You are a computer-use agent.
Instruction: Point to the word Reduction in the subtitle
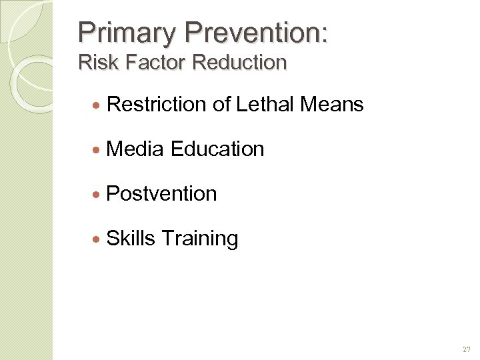coord(239,63)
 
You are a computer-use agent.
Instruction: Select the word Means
coord(332,104)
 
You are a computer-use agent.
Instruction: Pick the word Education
coord(217,149)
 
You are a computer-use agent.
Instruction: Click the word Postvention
coord(161,193)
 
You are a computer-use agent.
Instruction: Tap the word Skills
coord(131,238)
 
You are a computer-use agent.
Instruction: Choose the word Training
coord(200,239)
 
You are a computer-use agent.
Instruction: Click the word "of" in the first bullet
coord(221,104)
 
